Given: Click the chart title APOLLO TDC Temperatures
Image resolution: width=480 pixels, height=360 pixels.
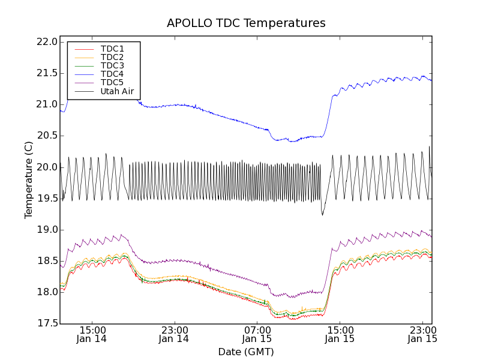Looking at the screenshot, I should pyautogui.click(x=246, y=23).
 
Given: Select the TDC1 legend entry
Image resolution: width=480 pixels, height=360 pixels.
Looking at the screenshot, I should pyautogui.click(x=112, y=49).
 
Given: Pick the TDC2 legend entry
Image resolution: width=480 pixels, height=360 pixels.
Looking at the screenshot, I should pyautogui.click(x=112, y=57).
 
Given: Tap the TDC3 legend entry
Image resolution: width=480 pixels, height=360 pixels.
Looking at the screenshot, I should pyautogui.click(x=112, y=65).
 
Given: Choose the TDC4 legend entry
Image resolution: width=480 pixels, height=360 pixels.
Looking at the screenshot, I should pyautogui.click(x=112, y=74).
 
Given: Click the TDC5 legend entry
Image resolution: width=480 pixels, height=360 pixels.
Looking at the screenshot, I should pyautogui.click(x=112, y=83).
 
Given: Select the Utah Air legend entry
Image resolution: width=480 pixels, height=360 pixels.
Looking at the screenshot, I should pyautogui.click(x=117, y=92).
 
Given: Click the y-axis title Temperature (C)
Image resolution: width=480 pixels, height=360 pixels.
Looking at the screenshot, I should pyautogui.click(x=29, y=180).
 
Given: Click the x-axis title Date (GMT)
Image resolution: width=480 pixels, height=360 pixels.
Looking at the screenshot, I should pyautogui.click(x=246, y=352).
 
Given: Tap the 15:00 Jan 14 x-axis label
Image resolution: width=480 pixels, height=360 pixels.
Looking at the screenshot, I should pyautogui.click(x=92, y=334).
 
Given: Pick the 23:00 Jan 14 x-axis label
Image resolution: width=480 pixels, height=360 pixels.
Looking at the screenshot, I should pyautogui.click(x=175, y=334).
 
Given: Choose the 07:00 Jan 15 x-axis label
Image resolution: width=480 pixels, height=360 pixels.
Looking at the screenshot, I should pyautogui.click(x=257, y=334).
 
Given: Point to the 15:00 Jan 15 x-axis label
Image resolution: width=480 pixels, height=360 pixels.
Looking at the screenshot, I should pyautogui.click(x=340, y=334).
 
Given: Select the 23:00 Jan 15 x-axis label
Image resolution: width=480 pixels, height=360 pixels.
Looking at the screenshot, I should pyautogui.click(x=422, y=334).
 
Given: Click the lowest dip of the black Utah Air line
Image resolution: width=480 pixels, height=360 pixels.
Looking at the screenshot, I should pyautogui.click(x=322, y=215).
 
